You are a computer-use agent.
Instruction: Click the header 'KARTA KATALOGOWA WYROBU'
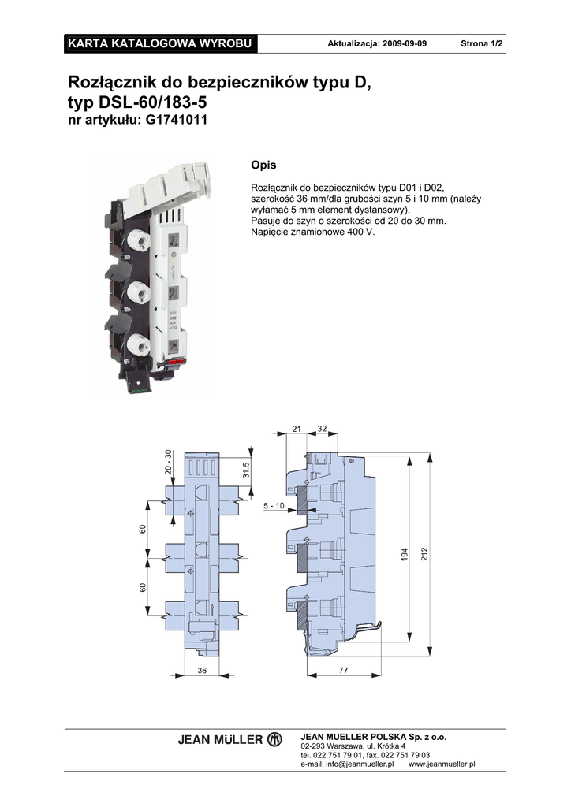tap(160, 43)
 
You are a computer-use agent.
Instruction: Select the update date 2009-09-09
tap(404, 44)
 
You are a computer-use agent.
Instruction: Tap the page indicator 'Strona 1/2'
tap(481, 44)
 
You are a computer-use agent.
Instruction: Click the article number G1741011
tap(177, 120)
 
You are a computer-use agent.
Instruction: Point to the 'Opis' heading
tap(263, 165)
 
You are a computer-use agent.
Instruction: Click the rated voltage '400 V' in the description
tap(364, 232)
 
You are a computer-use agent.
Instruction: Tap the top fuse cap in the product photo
tap(140, 240)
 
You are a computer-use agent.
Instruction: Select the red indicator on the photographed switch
tap(177, 363)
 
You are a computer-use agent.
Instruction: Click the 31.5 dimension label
tap(246, 470)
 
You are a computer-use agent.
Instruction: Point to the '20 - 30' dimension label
tap(168, 462)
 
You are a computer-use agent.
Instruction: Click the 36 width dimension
tap(202, 670)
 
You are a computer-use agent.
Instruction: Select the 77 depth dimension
tap(343, 670)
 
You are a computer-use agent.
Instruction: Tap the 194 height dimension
tap(405, 554)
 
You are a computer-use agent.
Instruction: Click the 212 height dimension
tap(425, 554)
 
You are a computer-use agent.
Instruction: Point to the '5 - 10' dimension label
tap(274, 506)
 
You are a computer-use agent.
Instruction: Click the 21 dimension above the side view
tap(297, 429)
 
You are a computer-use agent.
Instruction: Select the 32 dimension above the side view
tap(322, 429)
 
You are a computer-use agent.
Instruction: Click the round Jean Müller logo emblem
tap(274, 739)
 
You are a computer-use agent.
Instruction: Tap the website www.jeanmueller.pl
tap(442, 764)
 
